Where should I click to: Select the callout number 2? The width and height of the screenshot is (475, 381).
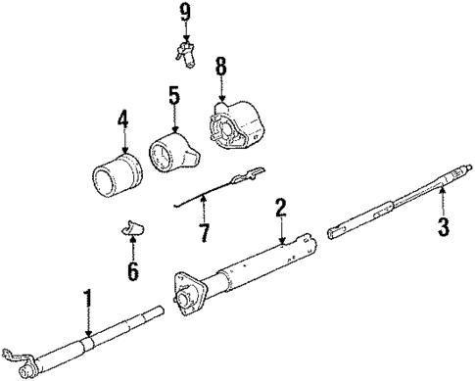pyautogui.click(x=280, y=207)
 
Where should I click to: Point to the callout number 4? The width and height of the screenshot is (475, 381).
pyautogui.click(x=122, y=121)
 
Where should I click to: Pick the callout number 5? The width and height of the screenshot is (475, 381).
pyautogui.click(x=173, y=97)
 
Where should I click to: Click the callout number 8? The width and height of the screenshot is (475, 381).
pyautogui.click(x=221, y=69)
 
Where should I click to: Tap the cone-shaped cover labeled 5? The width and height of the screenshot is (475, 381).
pyautogui.click(x=172, y=152)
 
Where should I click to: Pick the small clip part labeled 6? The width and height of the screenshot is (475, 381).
pyautogui.click(x=131, y=229)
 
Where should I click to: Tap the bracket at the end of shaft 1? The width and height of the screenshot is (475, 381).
pyautogui.click(x=18, y=364)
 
